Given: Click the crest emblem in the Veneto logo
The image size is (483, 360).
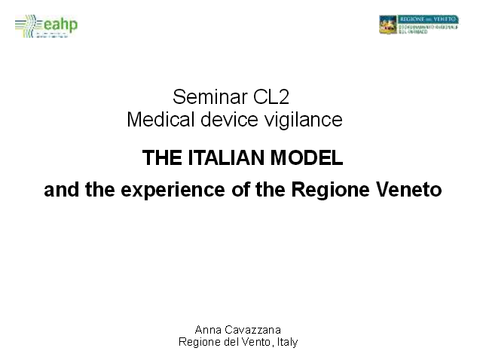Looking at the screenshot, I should point(387,25).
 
